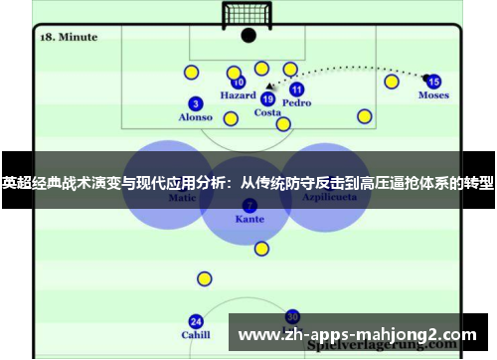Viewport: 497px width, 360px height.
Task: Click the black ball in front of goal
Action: [x=248, y=36]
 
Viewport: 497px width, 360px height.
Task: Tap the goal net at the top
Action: [x=248, y=15]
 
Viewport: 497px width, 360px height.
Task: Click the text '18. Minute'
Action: [x=69, y=37]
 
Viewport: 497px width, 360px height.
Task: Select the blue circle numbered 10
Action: [x=238, y=83]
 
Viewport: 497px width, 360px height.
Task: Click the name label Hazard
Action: [x=238, y=96]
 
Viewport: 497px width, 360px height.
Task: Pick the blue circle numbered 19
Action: [x=267, y=98]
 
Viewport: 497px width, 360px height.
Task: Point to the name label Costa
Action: [x=267, y=112]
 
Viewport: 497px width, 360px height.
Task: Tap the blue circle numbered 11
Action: [x=296, y=89]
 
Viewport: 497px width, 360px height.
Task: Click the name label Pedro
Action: [x=296, y=102]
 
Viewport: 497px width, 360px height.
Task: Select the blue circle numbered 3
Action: [x=196, y=103]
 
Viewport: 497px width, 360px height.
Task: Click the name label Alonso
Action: [x=196, y=117]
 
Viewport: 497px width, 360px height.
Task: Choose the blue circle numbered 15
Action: [x=433, y=82]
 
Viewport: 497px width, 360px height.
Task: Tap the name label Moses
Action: [x=433, y=95]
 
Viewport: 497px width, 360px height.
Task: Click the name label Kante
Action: [x=249, y=218]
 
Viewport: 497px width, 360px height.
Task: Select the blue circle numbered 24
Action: [x=196, y=321]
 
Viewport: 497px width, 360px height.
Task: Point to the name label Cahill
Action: [x=196, y=335]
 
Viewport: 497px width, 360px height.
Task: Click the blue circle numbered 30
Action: [x=292, y=315]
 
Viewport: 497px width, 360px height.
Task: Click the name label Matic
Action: [x=182, y=198]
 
